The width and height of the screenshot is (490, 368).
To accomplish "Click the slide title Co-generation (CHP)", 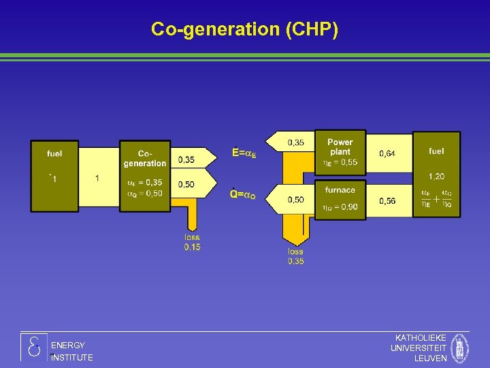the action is (244, 29).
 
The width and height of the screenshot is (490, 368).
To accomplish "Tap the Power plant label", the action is (340, 147).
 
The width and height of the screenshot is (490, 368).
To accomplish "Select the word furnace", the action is (340, 190).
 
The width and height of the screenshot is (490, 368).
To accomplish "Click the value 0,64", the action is (387, 154).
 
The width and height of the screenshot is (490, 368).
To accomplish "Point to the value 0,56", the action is (387, 201).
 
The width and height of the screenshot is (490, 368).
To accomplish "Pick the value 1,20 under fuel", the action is (436, 177).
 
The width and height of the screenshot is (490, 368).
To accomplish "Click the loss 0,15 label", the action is (192, 242).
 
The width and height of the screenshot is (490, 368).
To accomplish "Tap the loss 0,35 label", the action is (295, 256).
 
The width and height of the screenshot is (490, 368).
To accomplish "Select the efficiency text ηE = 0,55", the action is (340, 163).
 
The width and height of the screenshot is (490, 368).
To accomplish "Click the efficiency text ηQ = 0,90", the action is (340, 207).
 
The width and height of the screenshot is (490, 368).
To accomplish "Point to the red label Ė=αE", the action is (244, 153).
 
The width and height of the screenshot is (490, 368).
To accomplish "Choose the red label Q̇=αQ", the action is (243, 195).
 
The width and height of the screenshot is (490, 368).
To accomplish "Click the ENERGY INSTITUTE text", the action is (71, 352).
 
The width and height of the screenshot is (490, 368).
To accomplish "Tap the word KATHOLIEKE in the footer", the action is (421, 338).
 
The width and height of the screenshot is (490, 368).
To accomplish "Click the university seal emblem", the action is (461, 348).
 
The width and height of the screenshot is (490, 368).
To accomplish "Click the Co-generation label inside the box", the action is (144, 158).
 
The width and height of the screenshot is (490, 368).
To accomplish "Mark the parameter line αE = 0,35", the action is (144, 183).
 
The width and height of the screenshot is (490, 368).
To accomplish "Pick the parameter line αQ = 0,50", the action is (144, 193).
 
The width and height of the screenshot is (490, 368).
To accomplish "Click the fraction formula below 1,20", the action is (436, 198).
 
